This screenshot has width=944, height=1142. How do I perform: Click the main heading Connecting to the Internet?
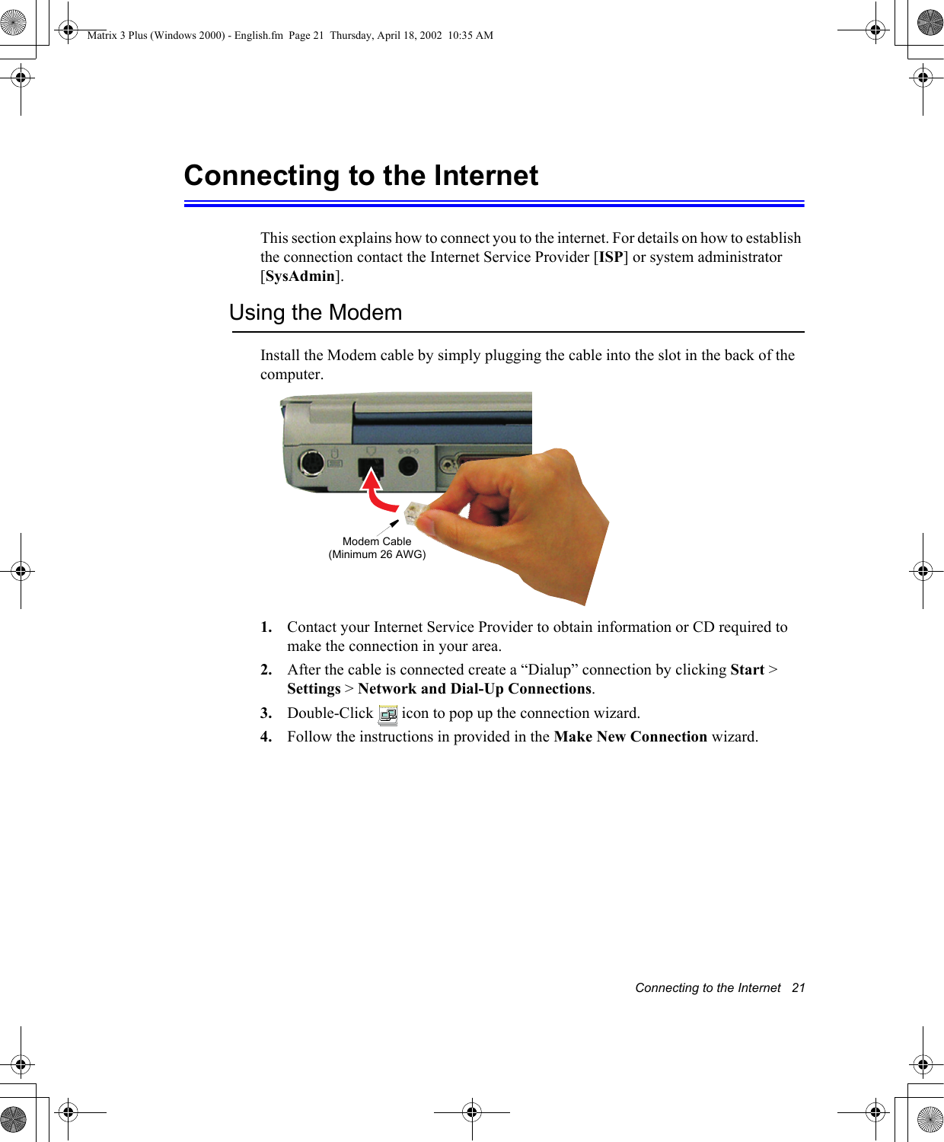pos(361,176)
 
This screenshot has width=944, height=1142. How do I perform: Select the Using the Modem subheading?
pos(315,313)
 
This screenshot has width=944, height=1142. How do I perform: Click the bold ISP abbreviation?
pos(611,257)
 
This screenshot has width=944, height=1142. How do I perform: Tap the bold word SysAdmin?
pos(300,276)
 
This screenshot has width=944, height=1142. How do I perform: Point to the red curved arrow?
pos(376,493)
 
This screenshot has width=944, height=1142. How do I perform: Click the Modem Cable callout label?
pos(377,541)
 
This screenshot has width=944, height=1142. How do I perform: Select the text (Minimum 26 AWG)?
pos(377,554)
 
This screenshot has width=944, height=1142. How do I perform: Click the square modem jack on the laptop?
pos(371,465)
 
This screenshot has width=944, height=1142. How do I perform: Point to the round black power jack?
pos(409,464)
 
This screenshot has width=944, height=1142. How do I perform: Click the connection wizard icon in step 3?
pos(387,714)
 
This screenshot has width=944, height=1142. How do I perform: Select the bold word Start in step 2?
pos(747,670)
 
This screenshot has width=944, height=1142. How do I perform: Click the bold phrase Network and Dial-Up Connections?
pos(474,689)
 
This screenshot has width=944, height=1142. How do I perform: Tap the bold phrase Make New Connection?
pos(630,737)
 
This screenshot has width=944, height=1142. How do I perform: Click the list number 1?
pos(266,627)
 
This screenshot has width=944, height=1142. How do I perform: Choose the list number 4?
pos(266,737)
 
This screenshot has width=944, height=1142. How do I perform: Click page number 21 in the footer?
pos(798,987)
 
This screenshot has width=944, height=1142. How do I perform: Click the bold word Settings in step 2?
pos(314,689)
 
